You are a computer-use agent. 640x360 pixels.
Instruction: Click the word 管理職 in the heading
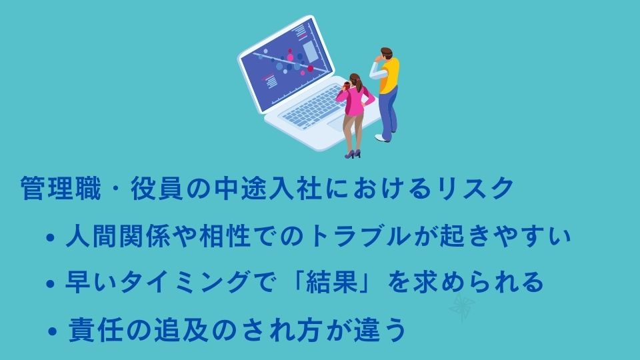click(61, 189)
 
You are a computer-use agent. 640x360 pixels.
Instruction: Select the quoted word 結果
click(331, 282)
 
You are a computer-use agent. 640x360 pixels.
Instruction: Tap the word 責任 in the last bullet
click(95, 330)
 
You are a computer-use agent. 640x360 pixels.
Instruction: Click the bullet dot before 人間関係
click(51, 237)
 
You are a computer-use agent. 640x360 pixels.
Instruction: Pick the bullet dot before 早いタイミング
click(51, 284)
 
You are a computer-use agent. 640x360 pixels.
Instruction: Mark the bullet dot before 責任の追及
click(52, 331)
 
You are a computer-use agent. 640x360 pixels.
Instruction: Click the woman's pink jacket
click(353, 101)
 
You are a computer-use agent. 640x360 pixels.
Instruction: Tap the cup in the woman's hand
click(347, 85)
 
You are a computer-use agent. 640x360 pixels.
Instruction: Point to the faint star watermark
click(463, 306)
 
